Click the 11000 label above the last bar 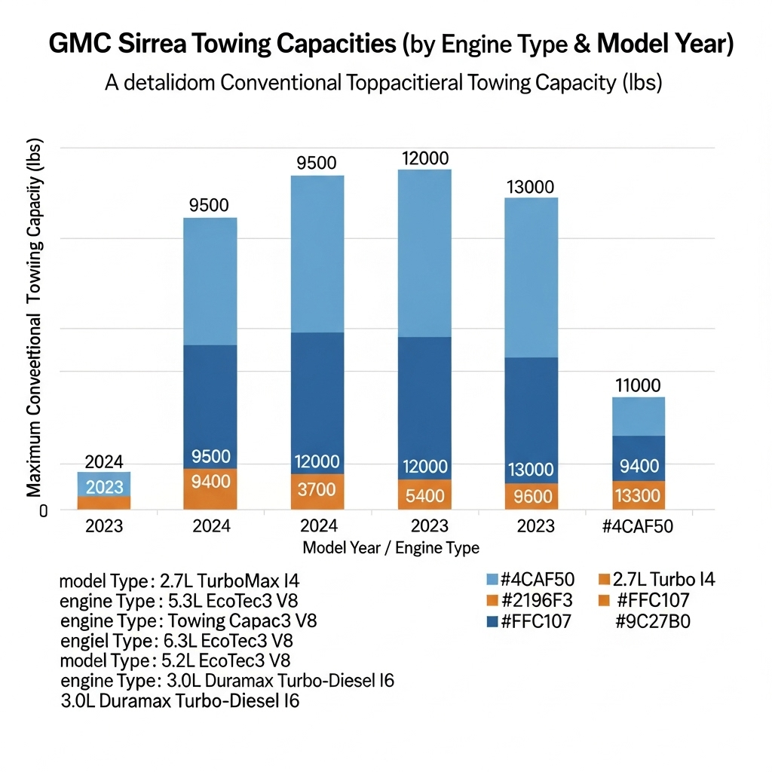point(638,385)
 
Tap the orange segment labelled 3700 point(317,490)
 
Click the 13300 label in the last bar point(638,495)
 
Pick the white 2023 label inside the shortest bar point(104,486)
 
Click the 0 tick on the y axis point(44,511)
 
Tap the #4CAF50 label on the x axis point(638,525)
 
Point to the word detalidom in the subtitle point(164,82)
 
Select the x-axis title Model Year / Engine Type point(391,547)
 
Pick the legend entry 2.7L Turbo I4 point(663,580)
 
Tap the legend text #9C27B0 point(654,623)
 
